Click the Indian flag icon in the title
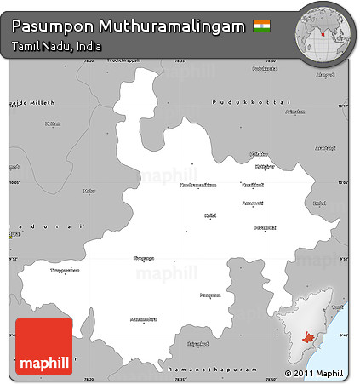click(x=261, y=27)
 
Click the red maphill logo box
click(x=43, y=347)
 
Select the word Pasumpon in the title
click(x=47, y=27)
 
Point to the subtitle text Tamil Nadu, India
click(x=57, y=46)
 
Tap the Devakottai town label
click(x=264, y=228)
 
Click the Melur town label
click(x=89, y=192)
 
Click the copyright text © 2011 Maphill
click(x=314, y=373)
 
